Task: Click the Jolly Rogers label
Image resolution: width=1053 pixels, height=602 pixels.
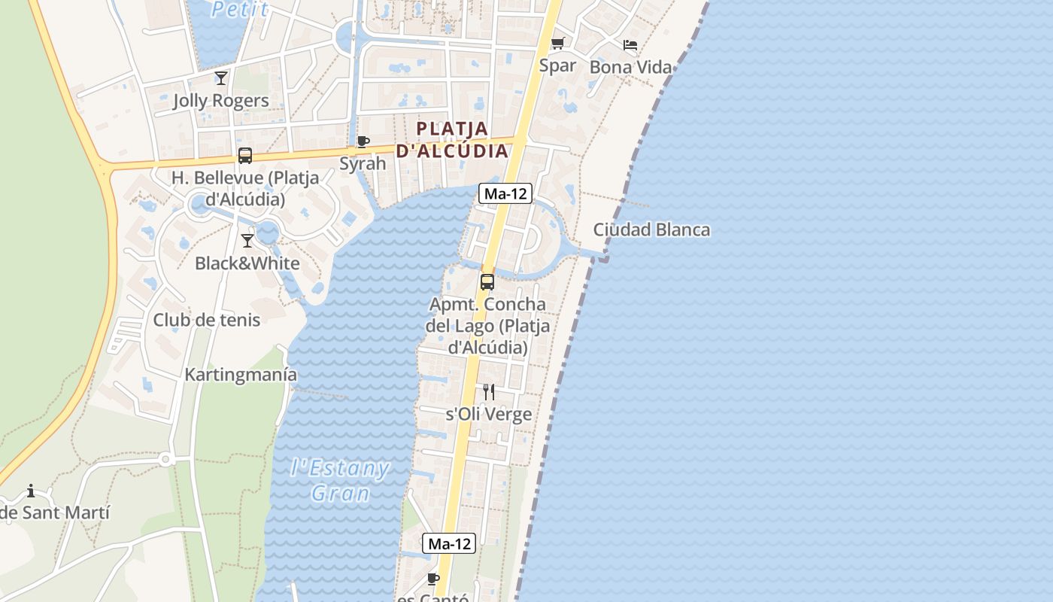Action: point(220,101)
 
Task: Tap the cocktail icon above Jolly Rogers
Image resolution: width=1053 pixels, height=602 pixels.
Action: point(221,78)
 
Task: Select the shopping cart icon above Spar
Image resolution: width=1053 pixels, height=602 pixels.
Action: point(557,43)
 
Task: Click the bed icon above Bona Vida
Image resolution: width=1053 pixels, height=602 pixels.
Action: point(630,45)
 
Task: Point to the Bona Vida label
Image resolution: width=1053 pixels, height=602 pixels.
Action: point(630,67)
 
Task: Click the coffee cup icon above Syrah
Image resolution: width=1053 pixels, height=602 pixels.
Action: point(363,141)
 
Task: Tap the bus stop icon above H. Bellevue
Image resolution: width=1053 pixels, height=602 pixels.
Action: point(245,156)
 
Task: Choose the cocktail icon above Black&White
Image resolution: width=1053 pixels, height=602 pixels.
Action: point(247,241)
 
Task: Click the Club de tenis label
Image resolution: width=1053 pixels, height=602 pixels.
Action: point(207,320)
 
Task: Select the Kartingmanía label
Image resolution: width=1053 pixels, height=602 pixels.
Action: point(241,375)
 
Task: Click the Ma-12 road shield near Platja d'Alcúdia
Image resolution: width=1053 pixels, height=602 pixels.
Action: point(505,193)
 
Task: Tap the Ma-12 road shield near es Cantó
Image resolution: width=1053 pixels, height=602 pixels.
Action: point(449,543)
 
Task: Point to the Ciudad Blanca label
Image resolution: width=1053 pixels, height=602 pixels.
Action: point(651,230)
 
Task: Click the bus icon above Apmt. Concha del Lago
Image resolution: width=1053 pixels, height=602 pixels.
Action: point(487,282)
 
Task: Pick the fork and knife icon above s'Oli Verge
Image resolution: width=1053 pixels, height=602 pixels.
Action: point(489,391)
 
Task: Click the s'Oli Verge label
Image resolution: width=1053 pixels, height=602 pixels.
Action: point(489,415)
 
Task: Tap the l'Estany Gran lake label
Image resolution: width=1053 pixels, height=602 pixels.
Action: point(340,481)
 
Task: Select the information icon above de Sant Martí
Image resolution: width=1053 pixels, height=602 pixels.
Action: point(31,491)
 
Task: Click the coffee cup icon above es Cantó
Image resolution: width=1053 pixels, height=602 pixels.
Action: point(432,578)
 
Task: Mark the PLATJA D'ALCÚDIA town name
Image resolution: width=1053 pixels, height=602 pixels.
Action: point(452,139)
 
